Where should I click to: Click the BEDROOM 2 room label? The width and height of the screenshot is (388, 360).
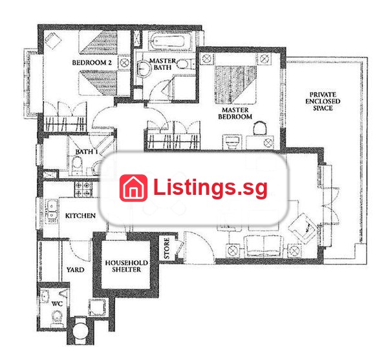[x=92, y=62]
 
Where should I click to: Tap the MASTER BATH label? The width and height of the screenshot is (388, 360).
[x=162, y=64]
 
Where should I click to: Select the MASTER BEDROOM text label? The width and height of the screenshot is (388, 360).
[x=235, y=113]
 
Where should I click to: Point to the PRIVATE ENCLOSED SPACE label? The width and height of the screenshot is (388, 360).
[x=323, y=102]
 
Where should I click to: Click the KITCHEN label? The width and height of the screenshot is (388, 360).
[x=80, y=216]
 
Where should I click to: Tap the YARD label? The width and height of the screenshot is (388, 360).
[x=75, y=269]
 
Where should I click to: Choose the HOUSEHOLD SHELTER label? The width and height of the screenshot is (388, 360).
[x=127, y=266]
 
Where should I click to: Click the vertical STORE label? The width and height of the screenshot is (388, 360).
[x=167, y=248]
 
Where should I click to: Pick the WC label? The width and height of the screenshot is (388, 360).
[x=57, y=304]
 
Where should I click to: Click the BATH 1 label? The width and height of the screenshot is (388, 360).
[x=87, y=152]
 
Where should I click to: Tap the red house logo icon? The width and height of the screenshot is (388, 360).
[x=133, y=188]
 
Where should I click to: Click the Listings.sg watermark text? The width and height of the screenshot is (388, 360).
[x=210, y=187]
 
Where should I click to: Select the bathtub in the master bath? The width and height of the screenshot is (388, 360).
[x=170, y=41]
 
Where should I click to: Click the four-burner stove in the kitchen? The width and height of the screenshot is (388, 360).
[x=83, y=189]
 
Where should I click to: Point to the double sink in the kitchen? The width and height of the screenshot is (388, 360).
[x=52, y=211]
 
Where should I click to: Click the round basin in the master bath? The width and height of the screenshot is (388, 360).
[x=144, y=67]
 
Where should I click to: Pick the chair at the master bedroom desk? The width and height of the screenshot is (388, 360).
[x=261, y=128]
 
